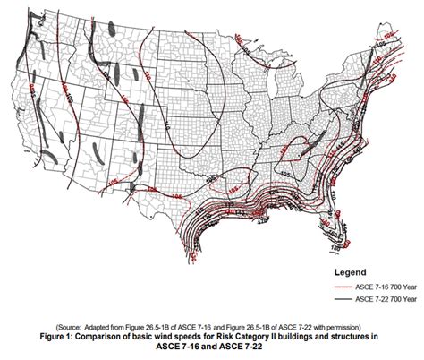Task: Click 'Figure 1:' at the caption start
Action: click(x=72, y=337)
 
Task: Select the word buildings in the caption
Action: click(x=302, y=337)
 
